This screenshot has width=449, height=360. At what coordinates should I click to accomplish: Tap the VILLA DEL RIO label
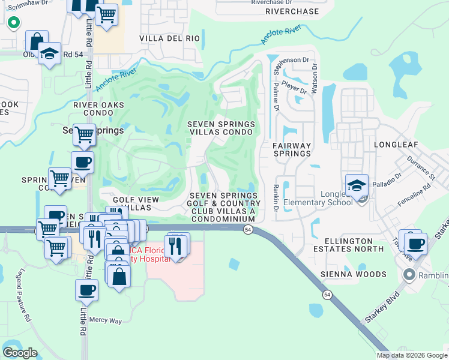tap(169, 38)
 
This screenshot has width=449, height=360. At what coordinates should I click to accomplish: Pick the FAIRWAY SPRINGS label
tap(292, 149)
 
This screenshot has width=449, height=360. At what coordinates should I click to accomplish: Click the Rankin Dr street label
tap(276, 198)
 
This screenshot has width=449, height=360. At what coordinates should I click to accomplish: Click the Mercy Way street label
tap(106, 320)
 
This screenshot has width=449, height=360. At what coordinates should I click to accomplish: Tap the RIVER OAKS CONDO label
tap(98, 110)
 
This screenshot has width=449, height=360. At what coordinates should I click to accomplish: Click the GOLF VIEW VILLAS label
tap(136, 203)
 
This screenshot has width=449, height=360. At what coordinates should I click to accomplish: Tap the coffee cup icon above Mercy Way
tap(86, 290)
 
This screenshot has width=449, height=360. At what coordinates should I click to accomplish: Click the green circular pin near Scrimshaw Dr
tap(13, 23)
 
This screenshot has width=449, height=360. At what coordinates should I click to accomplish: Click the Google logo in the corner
tap(20, 352)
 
